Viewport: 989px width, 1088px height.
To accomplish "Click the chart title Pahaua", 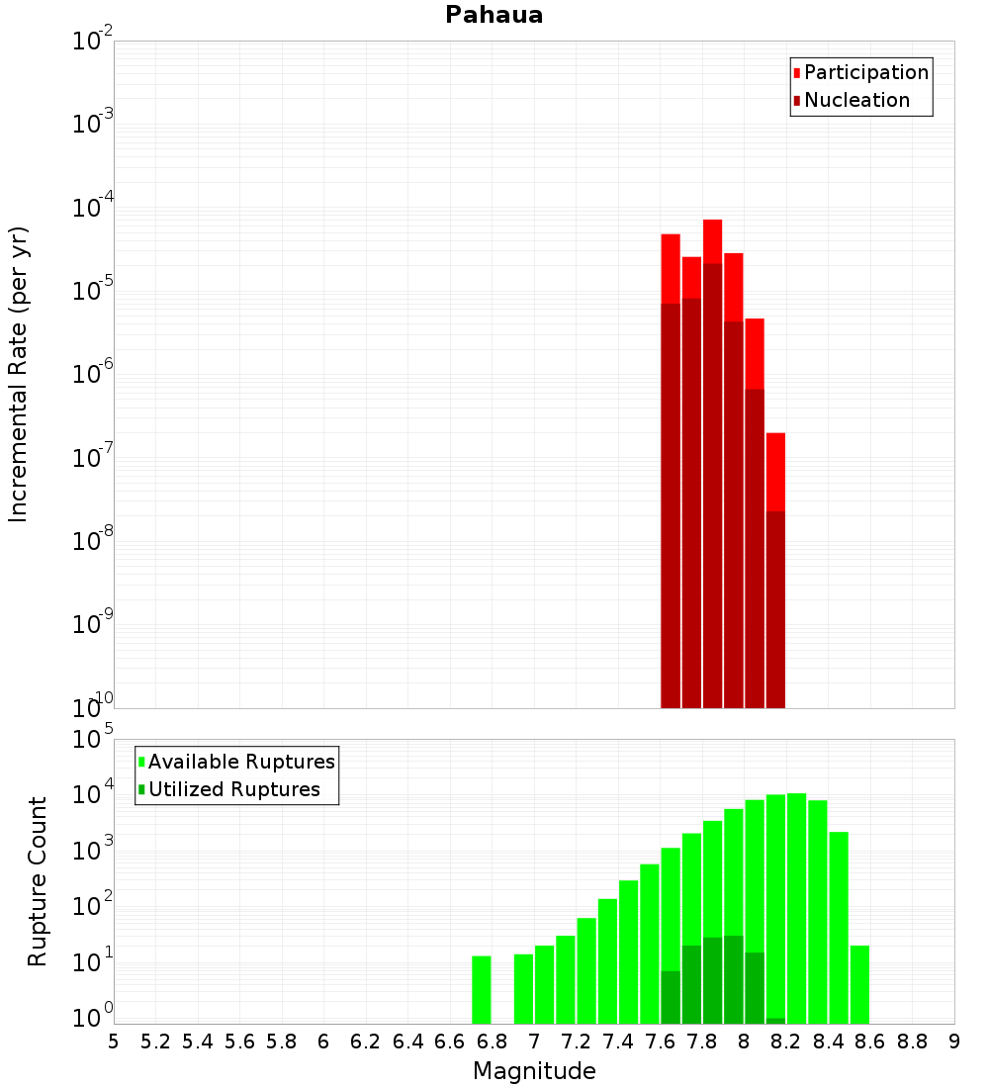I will point(494,15).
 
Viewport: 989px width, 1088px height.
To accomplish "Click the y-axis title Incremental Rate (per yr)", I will point(19,374).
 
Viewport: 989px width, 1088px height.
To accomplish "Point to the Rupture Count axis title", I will point(38,881).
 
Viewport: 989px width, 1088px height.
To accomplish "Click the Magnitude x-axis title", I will point(534,1071).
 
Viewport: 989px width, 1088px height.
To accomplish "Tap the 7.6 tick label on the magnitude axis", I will point(660,1042).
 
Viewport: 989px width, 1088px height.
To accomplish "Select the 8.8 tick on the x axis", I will point(912,1042).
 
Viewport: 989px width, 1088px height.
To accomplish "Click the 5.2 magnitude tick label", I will point(155,1042).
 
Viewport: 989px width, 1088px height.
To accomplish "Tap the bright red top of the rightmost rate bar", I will point(775,471).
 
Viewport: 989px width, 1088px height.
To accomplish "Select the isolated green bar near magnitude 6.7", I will point(482,989).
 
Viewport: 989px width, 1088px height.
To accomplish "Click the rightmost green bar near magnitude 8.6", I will point(859,984).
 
